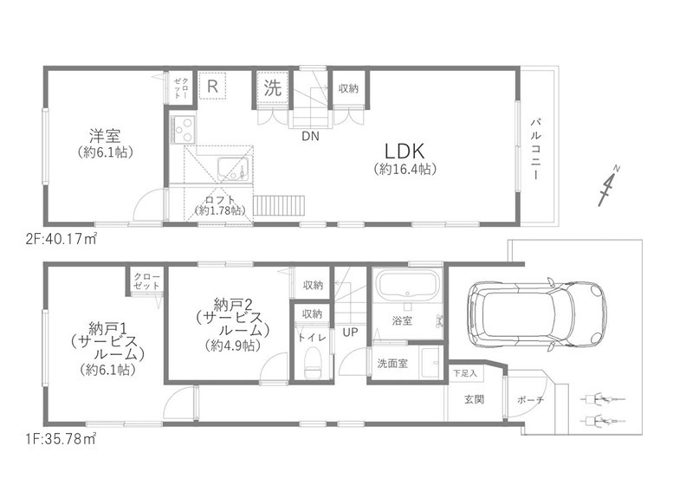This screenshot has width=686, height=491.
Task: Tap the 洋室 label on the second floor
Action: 104,136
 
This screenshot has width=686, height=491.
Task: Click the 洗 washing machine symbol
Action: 272,87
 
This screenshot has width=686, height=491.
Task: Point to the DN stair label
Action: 310,136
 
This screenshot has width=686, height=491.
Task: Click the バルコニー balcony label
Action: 537,149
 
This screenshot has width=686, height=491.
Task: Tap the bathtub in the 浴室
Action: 407,287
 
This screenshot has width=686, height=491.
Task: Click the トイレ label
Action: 310,337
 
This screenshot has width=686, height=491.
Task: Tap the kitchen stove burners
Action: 184,129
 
